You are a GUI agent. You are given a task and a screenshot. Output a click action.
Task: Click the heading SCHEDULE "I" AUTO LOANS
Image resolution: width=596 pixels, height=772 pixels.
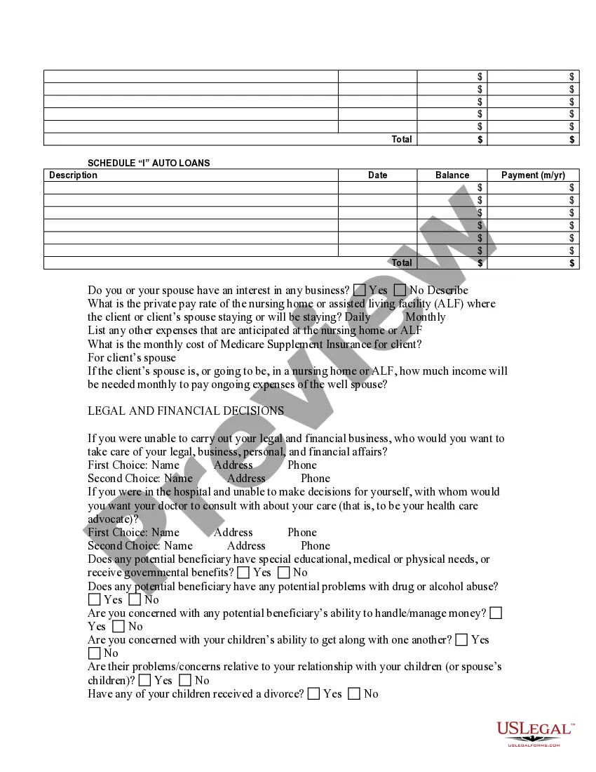tap(149, 163)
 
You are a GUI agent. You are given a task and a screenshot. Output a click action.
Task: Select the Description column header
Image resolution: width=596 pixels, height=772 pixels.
tap(74, 175)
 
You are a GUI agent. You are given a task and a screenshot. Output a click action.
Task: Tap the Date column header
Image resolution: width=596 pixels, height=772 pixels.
tap(377, 175)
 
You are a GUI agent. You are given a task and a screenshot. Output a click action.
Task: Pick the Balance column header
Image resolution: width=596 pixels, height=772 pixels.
tap(452, 175)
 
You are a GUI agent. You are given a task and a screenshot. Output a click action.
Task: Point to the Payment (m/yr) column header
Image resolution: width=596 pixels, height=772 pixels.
tap(533, 175)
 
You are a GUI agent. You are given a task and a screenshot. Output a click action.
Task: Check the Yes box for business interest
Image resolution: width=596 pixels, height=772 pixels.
tap(360, 290)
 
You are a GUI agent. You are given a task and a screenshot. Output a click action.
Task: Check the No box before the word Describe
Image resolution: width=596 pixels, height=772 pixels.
tap(400, 290)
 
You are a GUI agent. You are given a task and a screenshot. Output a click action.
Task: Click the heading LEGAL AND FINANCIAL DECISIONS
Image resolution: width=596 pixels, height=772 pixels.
tap(186, 411)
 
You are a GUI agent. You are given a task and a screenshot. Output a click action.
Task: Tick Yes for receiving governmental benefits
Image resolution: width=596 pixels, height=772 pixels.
tap(243, 573)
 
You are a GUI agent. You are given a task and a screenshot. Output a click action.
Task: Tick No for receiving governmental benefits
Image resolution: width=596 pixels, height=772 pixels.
tap(283, 573)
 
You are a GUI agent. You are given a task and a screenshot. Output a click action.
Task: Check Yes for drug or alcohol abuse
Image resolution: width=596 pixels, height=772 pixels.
tap(94, 599)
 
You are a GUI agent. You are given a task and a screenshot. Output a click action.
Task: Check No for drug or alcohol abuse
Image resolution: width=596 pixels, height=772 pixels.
tap(135, 599)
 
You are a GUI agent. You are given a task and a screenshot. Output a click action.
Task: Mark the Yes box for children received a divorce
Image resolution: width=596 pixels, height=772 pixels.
tap(313, 693)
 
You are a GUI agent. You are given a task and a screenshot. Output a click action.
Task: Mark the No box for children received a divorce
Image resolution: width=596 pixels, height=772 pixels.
tap(354, 693)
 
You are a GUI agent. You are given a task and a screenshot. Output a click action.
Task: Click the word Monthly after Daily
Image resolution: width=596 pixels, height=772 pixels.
tap(425, 317)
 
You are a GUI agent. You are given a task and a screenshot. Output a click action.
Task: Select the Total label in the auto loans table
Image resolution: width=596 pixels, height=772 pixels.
tap(402, 263)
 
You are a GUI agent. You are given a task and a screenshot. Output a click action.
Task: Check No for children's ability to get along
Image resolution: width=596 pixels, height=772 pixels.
tap(94, 653)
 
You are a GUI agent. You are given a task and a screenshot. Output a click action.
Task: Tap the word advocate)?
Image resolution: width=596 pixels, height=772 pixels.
tap(113, 519)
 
